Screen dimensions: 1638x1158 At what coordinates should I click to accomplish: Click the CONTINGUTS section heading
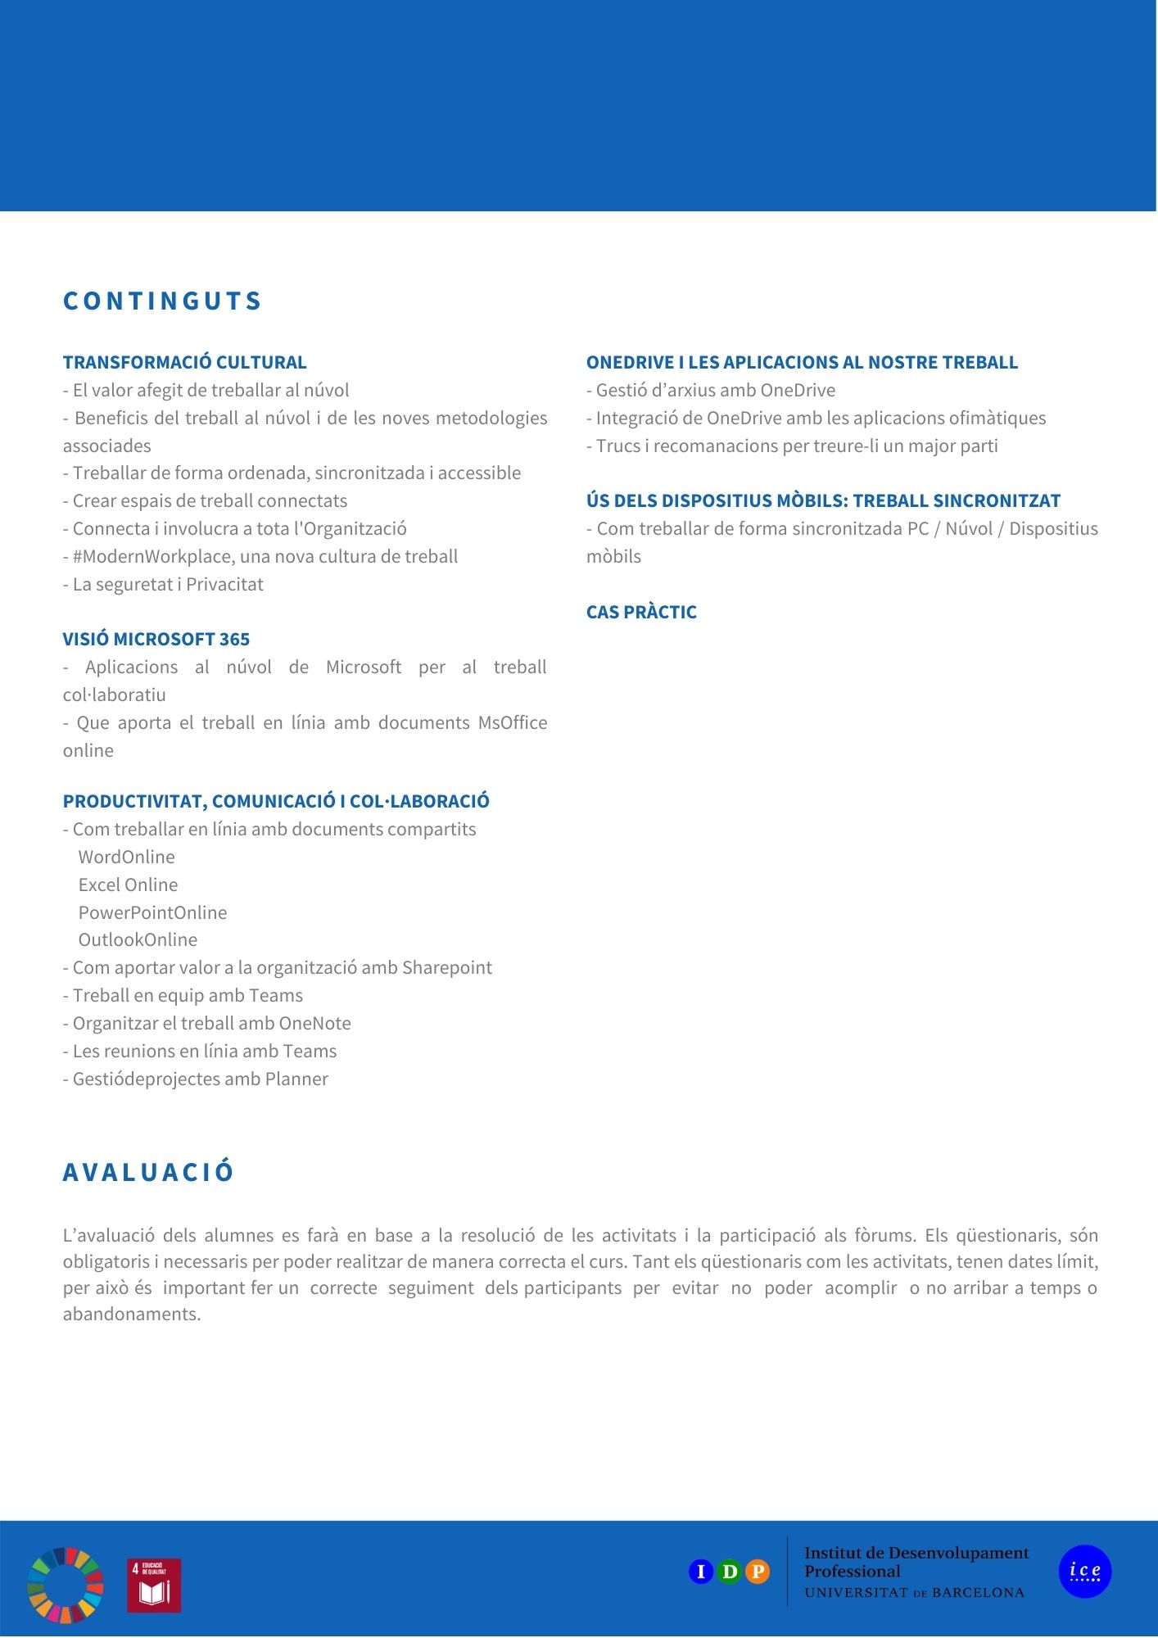point(162,301)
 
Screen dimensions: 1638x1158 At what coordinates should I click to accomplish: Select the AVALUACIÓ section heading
point(148,1172)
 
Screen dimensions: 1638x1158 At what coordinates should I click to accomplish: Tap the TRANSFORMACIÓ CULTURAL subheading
point(184,362)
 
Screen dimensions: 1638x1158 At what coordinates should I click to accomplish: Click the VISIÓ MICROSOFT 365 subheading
point(156,639)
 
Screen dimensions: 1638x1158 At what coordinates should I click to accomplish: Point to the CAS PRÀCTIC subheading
point(641,612)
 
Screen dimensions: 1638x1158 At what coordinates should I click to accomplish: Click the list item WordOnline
point(126,857)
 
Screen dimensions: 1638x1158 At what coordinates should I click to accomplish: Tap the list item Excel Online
point(128,885)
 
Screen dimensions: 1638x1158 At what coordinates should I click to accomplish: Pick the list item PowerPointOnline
point(152,912)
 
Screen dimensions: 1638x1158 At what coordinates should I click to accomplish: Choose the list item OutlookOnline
point(138,939)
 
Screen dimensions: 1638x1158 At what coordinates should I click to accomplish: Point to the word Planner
point(296,1079)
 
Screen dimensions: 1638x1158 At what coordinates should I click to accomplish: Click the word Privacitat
point(224,585)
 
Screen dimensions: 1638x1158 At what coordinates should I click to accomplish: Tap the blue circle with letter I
point(701,1572)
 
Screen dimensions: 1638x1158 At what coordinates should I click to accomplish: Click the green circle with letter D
point(729,1572)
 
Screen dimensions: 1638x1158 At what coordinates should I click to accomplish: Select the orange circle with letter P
point(758,1572)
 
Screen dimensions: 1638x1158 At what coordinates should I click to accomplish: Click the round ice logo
point(1084,1572)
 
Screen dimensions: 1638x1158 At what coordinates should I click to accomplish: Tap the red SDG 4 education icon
point(154,1586)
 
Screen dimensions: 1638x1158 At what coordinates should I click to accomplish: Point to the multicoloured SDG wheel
point(66,1585)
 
